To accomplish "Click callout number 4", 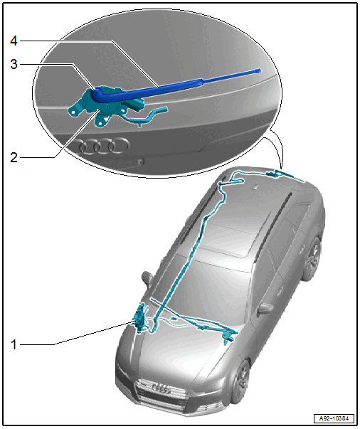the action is [14, 41].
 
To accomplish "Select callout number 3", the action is [14, 64].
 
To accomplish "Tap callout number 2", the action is [14, 158].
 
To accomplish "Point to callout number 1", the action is [14, 344].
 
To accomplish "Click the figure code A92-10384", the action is [334, 418].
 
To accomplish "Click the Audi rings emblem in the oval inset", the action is [104, 146].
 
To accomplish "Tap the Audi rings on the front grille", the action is [162, 388].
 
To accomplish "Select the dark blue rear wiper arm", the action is [175, 85].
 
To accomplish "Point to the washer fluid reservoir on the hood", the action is [140, 319].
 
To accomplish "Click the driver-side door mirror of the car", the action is [147, 277].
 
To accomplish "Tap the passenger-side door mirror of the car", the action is [265, 308].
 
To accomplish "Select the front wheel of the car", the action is [241, 381].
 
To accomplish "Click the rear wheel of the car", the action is [312, 259].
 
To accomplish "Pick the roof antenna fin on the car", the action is [255, 187].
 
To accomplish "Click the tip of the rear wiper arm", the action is [260, 71].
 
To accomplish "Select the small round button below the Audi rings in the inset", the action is [140, 161].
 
